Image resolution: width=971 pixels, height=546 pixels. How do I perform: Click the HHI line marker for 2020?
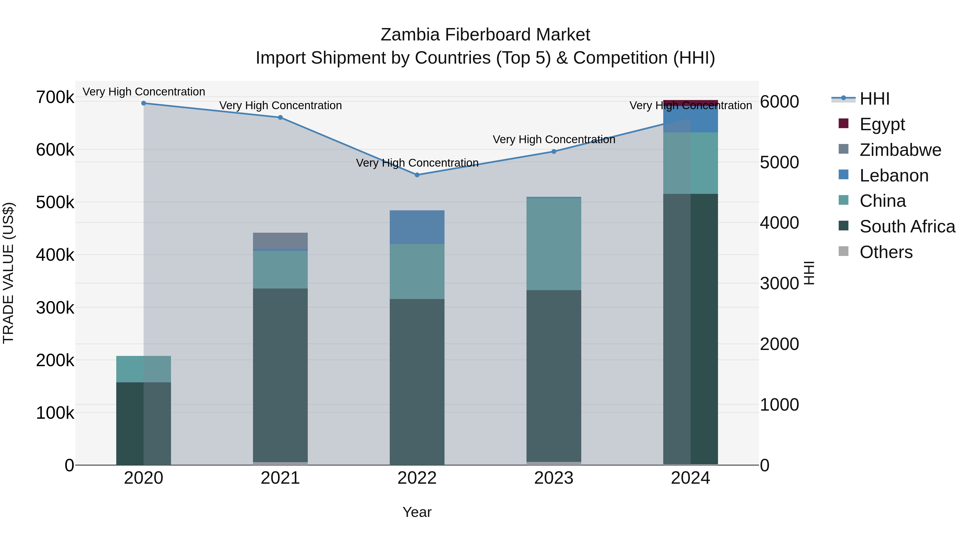[143, 103]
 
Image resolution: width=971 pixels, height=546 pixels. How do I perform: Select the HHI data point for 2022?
[417, 175]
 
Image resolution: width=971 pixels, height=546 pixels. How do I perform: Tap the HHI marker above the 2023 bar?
[554, 152]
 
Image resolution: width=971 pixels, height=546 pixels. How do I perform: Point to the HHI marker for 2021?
[280, 118]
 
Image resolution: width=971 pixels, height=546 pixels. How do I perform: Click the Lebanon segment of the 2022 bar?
[417, 227]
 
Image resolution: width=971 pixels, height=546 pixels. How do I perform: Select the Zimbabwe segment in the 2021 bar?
[280, 241]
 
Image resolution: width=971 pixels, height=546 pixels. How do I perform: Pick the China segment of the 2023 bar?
[554, 244]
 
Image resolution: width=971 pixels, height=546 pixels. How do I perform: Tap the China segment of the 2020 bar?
[143, 369]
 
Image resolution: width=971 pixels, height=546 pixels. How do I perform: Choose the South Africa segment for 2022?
[417, 381]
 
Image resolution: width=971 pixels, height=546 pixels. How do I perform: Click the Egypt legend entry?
[882, 124]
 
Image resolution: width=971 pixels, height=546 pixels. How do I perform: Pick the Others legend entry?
[886, 252]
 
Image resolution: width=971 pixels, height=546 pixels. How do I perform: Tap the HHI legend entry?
[874, 99]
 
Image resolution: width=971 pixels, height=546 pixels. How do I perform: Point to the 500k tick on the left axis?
[55, 202]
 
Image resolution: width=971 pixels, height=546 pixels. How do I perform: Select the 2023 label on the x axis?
[554, 478]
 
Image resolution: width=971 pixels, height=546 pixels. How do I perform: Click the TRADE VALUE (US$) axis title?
[8, 273]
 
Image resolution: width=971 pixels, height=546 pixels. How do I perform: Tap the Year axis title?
[417, 512]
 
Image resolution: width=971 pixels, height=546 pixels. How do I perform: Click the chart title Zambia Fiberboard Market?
[485, 35]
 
